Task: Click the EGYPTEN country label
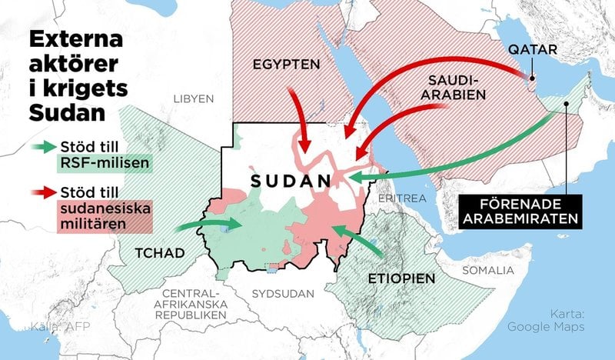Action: click(x=287, y=65)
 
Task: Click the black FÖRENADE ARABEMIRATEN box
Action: click(x=520, y=209)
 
